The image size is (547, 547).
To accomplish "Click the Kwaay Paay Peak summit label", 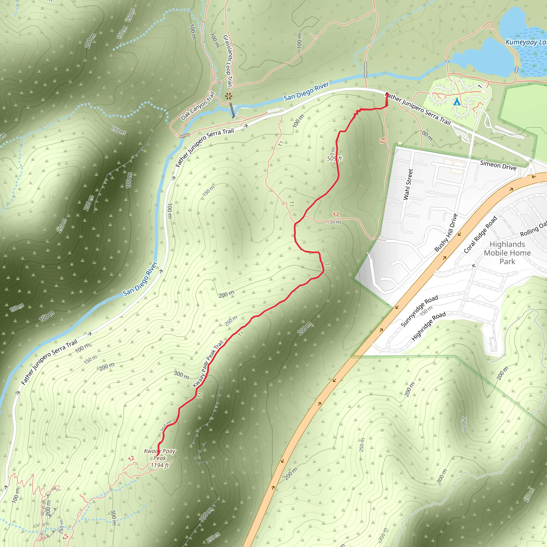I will [160, 454].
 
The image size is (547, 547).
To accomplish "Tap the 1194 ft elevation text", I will [160, 465].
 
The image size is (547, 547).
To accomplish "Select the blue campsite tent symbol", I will [457, 102].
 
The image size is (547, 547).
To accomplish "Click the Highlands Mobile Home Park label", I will [507, 253].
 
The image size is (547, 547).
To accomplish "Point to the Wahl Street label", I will [408, 184].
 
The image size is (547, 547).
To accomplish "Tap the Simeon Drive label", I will [498, 165].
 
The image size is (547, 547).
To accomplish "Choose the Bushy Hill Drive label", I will [446, 233].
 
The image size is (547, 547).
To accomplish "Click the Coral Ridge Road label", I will [480, 235].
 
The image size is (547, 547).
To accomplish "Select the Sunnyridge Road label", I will [419, 311].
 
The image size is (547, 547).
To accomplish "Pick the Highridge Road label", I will [428, 326].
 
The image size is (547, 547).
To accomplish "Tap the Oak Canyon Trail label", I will [198, 106].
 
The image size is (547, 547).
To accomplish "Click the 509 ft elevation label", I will [334, 159].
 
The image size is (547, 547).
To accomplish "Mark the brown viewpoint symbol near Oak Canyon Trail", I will [228, 96].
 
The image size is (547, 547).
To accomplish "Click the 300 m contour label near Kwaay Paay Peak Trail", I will [181, 375].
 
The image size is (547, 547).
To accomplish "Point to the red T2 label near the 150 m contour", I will [336, 215].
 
